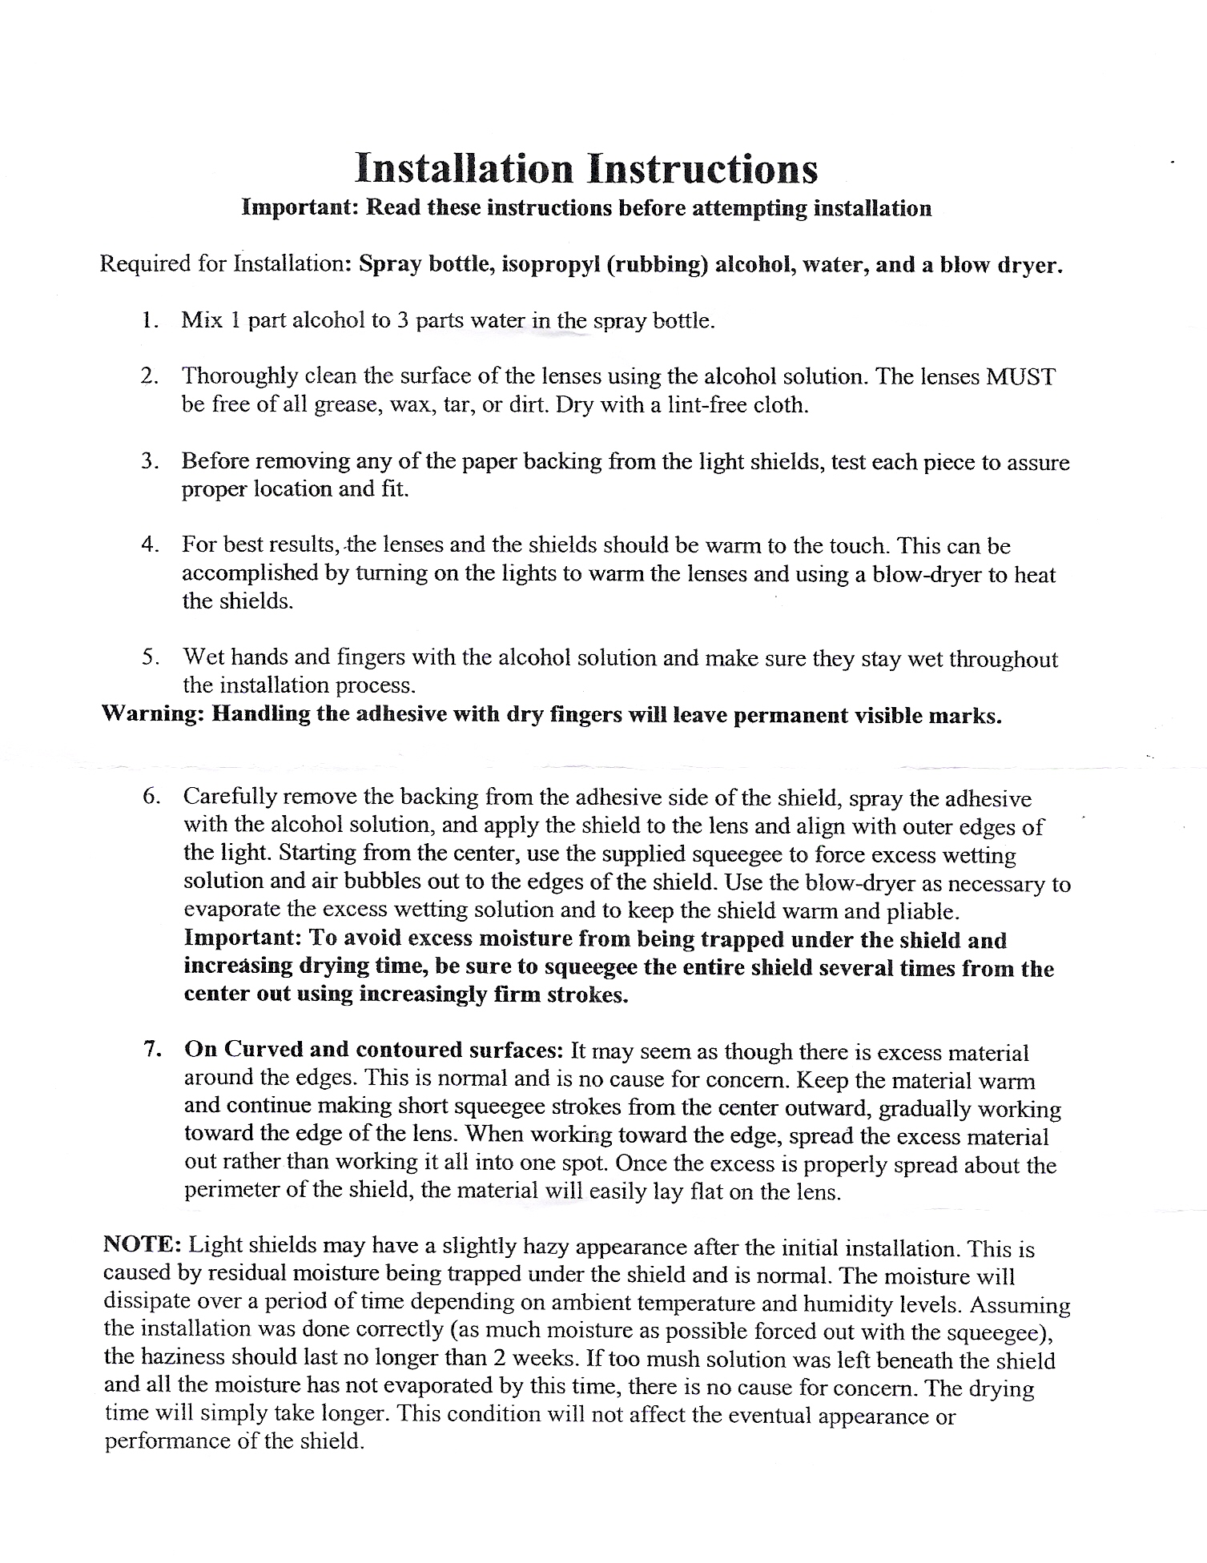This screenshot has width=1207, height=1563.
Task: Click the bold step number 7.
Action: tap(149, 1051)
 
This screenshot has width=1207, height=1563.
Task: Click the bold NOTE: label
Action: tap(143, 1246)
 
